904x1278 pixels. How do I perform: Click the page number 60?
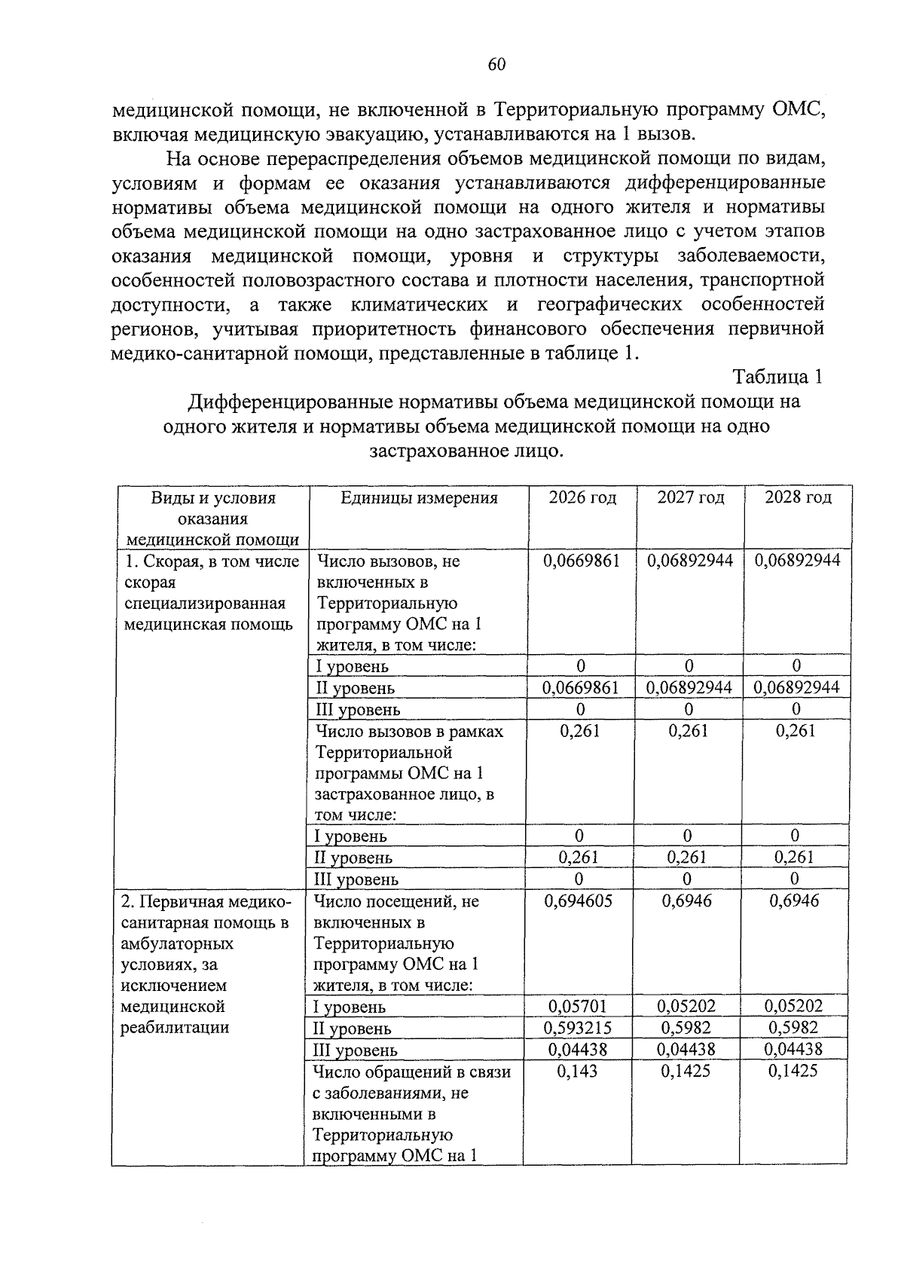click(x=496, y=65)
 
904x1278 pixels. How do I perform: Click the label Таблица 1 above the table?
click(x=777, y=377)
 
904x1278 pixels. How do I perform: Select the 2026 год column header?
click(x=582, y=497)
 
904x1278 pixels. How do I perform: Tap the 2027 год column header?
click(x=690, y=497)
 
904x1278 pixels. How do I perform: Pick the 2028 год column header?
click(x=798, y=497)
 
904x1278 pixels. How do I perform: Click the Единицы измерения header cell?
click(x=419, y=497)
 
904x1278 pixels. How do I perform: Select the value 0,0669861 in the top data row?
click(x=582, y=561)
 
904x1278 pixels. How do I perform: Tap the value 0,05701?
click(x=579, y=1006)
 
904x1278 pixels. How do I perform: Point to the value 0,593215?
click(x=579, y=1028)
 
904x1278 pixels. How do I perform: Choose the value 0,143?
click(x=577, y=1072)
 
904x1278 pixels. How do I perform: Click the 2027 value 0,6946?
click(x=687, y=901)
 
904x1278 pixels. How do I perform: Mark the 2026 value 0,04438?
click(x=579, y=1050)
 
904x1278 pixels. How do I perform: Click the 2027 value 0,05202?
click(x=686, y=1006)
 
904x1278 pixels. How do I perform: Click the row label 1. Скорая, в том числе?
click(x=211, y=561)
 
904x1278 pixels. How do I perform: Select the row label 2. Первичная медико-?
click(x=205, y=902)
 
